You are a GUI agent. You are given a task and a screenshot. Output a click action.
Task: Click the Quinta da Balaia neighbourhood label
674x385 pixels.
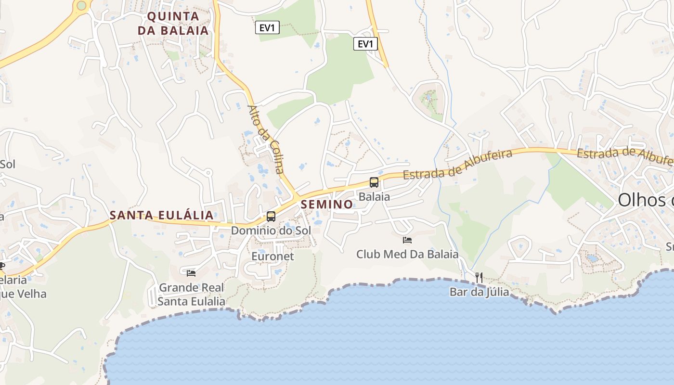click(x=173, y=23)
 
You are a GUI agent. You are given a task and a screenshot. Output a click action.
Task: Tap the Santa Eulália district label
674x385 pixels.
click(x=161, y=215)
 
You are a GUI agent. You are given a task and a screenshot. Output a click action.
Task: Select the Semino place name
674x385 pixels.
click(x=327, y=204)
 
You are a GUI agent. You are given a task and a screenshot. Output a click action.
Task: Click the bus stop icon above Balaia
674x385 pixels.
click(x=374, y=182)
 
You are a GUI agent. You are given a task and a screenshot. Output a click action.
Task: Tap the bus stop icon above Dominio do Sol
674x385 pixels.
click(x=271, y=217)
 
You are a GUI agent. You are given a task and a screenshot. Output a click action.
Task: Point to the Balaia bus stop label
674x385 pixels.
click(x=374, y=196)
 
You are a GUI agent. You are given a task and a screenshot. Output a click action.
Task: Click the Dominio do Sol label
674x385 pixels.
click(x=271, y=231)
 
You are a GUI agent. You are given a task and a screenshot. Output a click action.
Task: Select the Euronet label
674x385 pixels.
click(x=272, y=256)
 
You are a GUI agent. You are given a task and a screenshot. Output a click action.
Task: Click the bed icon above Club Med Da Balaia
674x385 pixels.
click(x=407, y=240)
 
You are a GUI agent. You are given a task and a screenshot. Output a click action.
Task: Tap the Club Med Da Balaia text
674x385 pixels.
click(x=407, y=254)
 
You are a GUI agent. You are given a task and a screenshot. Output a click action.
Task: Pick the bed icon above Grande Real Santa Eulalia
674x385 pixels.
click(x=191, y=273)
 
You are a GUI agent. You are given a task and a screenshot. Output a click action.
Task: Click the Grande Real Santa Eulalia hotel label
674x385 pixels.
click(x=191, y=295)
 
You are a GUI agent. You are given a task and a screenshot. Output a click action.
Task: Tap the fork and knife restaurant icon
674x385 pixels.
click(x=479, y=277)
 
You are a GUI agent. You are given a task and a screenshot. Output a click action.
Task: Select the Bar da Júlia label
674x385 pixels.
click(x=479, y=292)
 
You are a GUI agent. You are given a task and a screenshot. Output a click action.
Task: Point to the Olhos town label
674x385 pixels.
click(x=645, y=199)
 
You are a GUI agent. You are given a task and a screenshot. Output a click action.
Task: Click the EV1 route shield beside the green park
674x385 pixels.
click(x=365, y=44)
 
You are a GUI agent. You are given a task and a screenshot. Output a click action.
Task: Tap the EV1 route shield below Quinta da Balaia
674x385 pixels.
click(x=267, y=28)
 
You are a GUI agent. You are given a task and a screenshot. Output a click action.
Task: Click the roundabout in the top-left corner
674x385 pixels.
click(x=81, y=5)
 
